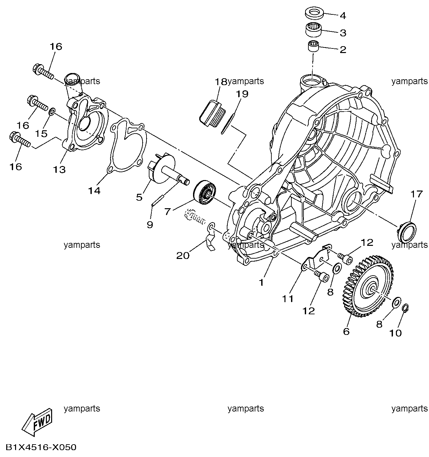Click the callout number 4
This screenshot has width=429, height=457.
click(342, 16)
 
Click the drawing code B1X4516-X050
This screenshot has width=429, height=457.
click(41, 447)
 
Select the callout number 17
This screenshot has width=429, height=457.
click(417, 194)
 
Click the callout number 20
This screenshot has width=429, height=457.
click(183, 255)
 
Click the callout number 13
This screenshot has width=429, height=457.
click(60, 170)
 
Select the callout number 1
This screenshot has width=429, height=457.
click(261, 282)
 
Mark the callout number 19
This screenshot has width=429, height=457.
click(243, 94)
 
